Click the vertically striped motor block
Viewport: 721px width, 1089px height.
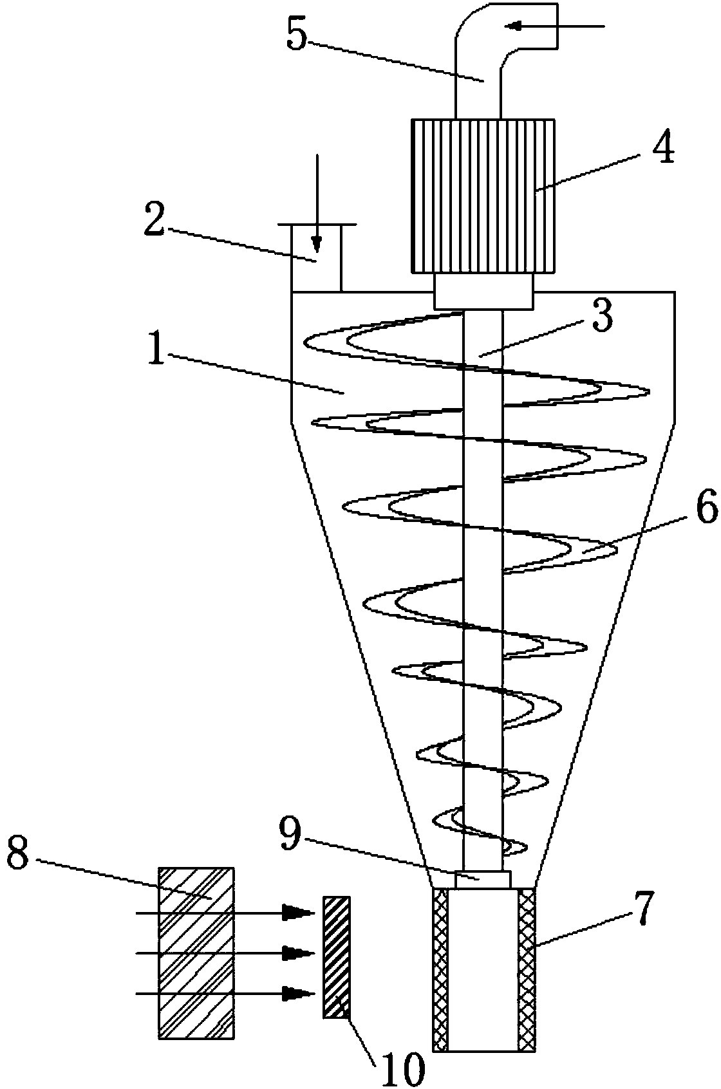pyautogui.click(x=482, y=196)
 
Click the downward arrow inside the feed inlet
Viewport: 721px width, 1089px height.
pyautogui.click(x=316, y=241)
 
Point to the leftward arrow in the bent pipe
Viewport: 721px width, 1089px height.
pyautogui.click(x=515, y=26)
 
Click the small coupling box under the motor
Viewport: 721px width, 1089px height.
pyautogui.click(x=483, y=291)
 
